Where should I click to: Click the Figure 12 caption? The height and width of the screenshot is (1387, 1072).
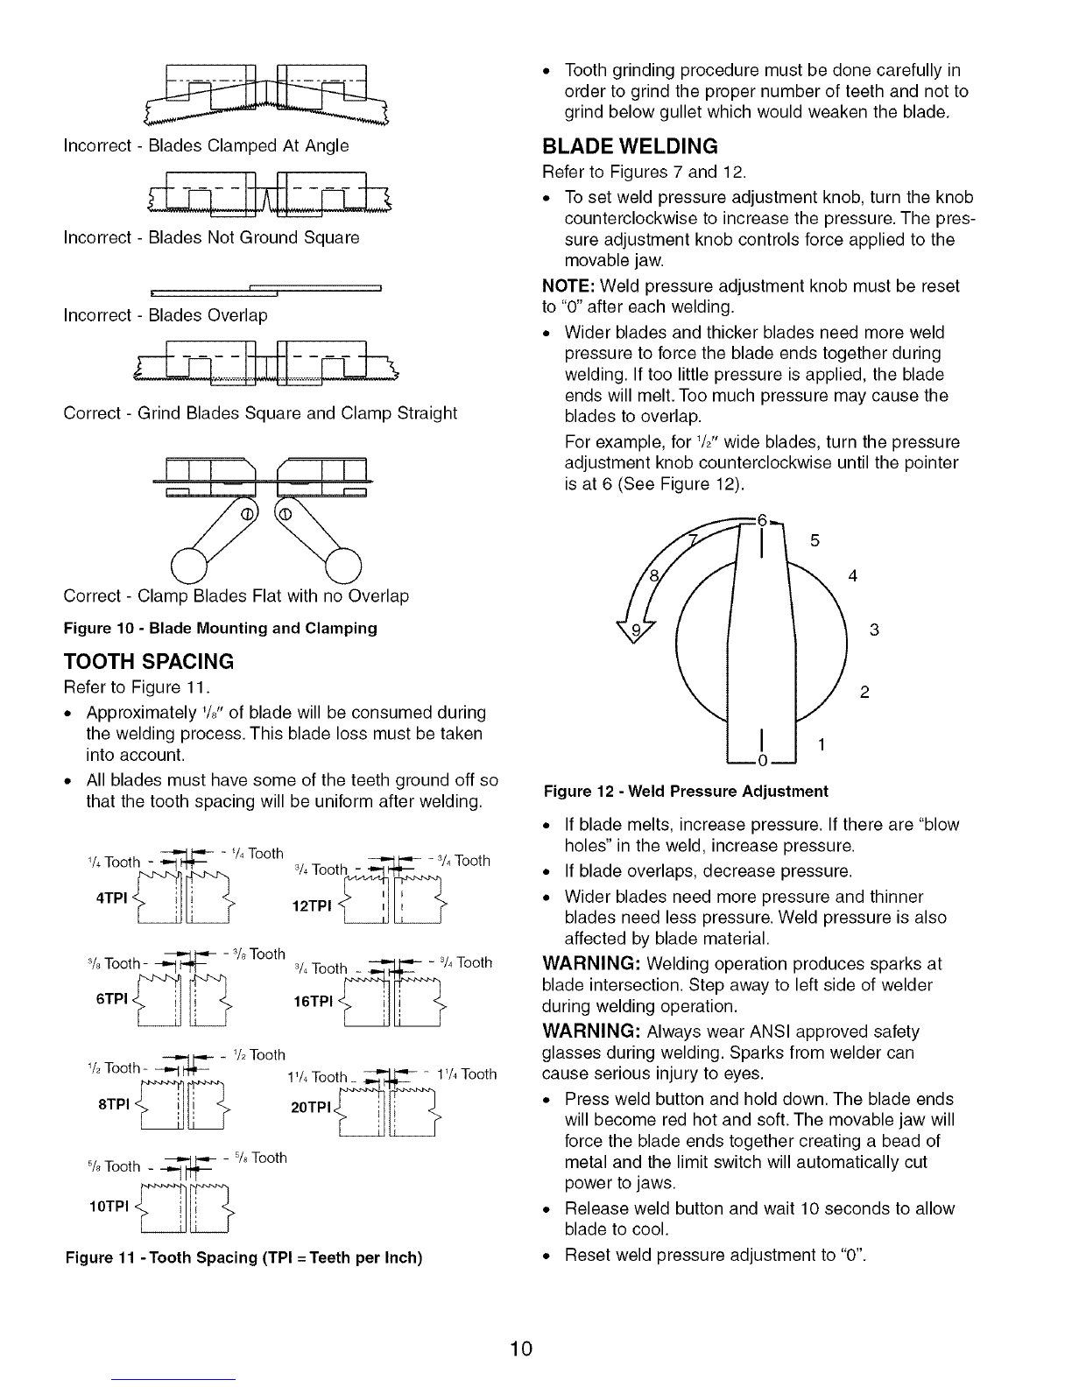click(686, 792)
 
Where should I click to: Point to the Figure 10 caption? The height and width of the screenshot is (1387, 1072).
click(220, 628)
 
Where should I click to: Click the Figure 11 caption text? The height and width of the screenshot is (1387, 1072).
click(244, 1258)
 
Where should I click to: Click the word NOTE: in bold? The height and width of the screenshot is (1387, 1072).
click(568, 286)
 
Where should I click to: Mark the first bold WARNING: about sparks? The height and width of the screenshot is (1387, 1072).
click(599, 964)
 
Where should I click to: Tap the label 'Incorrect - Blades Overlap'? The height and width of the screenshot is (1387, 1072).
click(166, 315)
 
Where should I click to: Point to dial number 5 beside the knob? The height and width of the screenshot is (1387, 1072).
click(815, 541)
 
